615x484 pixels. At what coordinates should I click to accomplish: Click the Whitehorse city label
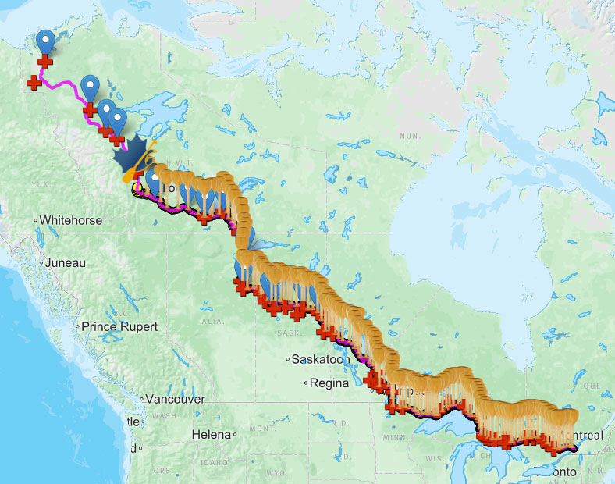(71, 221)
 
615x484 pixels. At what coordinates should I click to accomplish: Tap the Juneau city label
(65, 263)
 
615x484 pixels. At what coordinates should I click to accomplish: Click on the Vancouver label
(176, 399)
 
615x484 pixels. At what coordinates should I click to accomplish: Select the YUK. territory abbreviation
(41, 184)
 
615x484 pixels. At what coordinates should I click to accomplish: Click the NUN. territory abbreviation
(410, 136)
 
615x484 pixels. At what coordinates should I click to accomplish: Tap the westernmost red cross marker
(34, 81)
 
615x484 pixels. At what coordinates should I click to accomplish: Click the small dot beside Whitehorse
(36, 221)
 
